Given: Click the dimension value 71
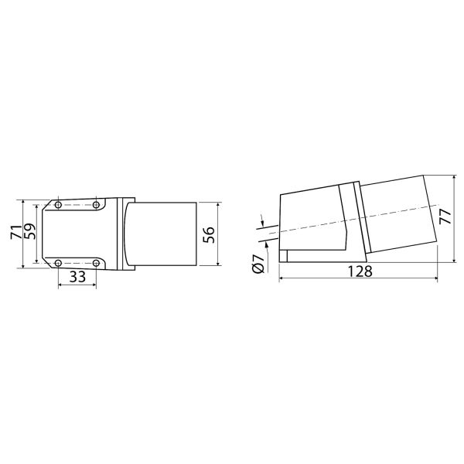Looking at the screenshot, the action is (16, 232).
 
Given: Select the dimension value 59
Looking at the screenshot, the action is (29, 231).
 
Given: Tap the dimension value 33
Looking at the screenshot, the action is (77, 277).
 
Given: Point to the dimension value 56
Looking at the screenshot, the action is (209, 235).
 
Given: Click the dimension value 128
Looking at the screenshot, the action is (360, 271).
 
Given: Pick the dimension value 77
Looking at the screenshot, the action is (445, 217).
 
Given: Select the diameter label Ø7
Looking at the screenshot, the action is (258, 263).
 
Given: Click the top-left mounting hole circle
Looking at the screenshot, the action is (58, 205).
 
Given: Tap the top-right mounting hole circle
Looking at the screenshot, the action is (96, 205).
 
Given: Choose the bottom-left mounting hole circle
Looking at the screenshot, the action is (58, 263).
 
